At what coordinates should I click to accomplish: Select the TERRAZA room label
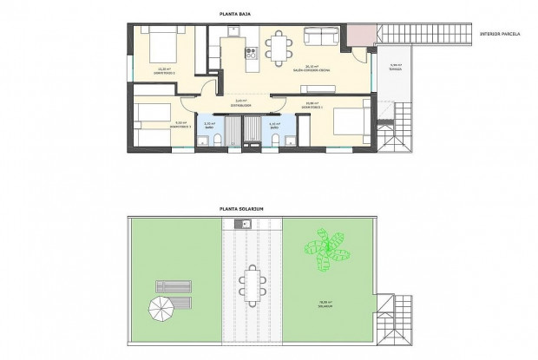tap(396, 69)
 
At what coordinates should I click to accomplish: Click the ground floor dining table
tap(279, 48)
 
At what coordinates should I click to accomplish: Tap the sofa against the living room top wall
tap(323, 36)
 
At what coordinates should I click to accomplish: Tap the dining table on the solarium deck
tap(253, 285)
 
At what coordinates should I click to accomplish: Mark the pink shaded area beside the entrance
tap(358, 34)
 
